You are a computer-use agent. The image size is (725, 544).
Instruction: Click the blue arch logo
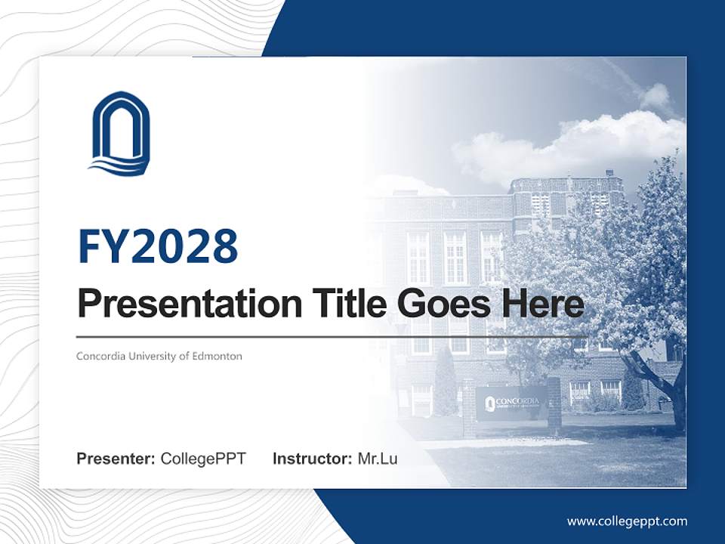[119, 134]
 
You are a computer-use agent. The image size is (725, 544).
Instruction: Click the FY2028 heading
[158, 246]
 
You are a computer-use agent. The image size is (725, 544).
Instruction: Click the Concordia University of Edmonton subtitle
[159, 356]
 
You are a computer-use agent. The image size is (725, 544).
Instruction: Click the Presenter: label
[116, 459]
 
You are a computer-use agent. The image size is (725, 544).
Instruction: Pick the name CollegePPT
[203, 459]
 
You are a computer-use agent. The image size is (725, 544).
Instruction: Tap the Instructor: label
[312, 459]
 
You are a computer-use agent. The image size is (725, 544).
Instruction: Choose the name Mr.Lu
[378, 459]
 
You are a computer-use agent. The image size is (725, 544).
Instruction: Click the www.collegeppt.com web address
[627, 521]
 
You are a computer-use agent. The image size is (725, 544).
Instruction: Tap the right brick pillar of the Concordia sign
[554, 404]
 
